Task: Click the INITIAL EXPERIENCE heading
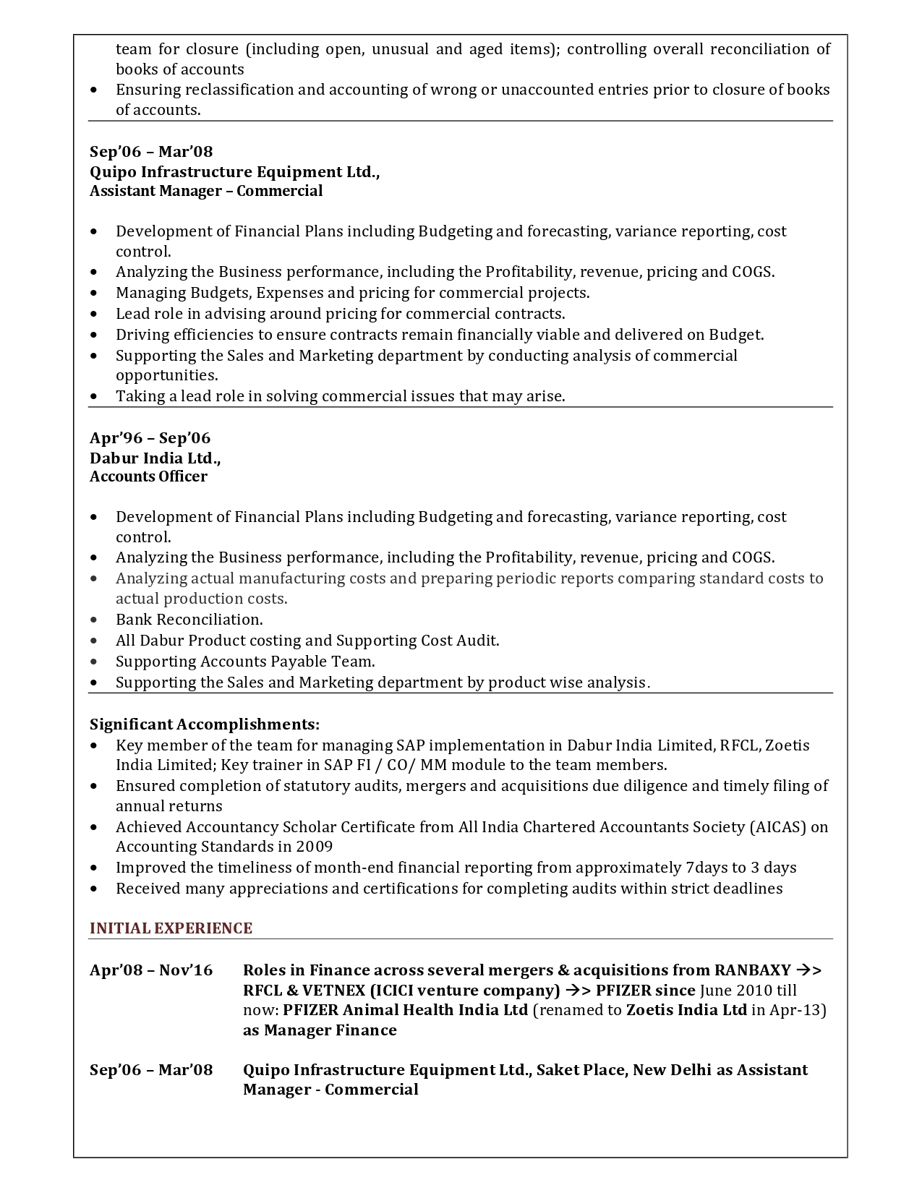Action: coord(171,928)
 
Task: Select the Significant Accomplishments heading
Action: coord(205,724)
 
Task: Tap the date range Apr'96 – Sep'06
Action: coord(150,438)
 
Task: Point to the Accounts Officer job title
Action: coord(148,476)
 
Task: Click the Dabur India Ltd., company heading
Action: coord(155,458)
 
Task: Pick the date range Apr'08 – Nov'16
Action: coord(151,970)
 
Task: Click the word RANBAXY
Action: coord(752,970)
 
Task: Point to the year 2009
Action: coord(315,847)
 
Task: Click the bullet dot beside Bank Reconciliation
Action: coord(95,620)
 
